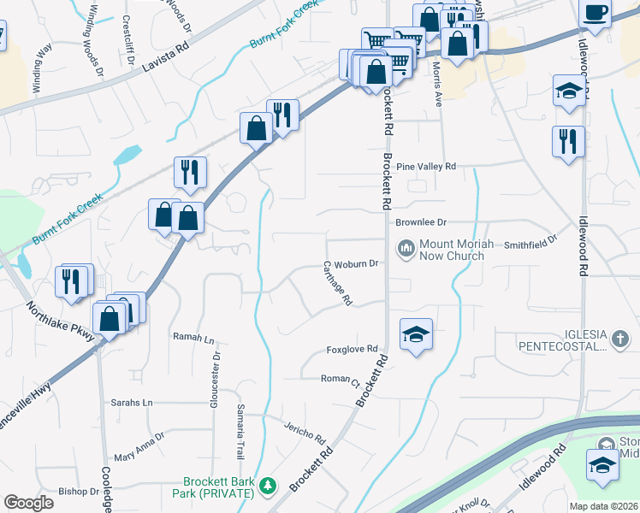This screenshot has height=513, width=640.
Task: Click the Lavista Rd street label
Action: (165, 57)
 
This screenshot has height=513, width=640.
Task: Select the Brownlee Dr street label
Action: (421, 222)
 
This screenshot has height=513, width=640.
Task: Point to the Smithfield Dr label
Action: (530, 244)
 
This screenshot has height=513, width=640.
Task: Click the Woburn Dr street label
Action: (356, 264)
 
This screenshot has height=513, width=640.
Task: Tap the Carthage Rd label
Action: (338, 284)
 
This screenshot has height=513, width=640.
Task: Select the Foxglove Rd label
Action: (352, 350)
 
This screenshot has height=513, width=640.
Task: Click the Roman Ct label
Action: (340, 379)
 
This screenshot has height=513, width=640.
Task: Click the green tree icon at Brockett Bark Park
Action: (269, 486)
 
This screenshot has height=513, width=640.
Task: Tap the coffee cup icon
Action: (595, 12)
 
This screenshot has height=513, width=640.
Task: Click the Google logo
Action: (28, 503)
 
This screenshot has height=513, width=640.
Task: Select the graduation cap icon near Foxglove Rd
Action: (416, 334)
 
